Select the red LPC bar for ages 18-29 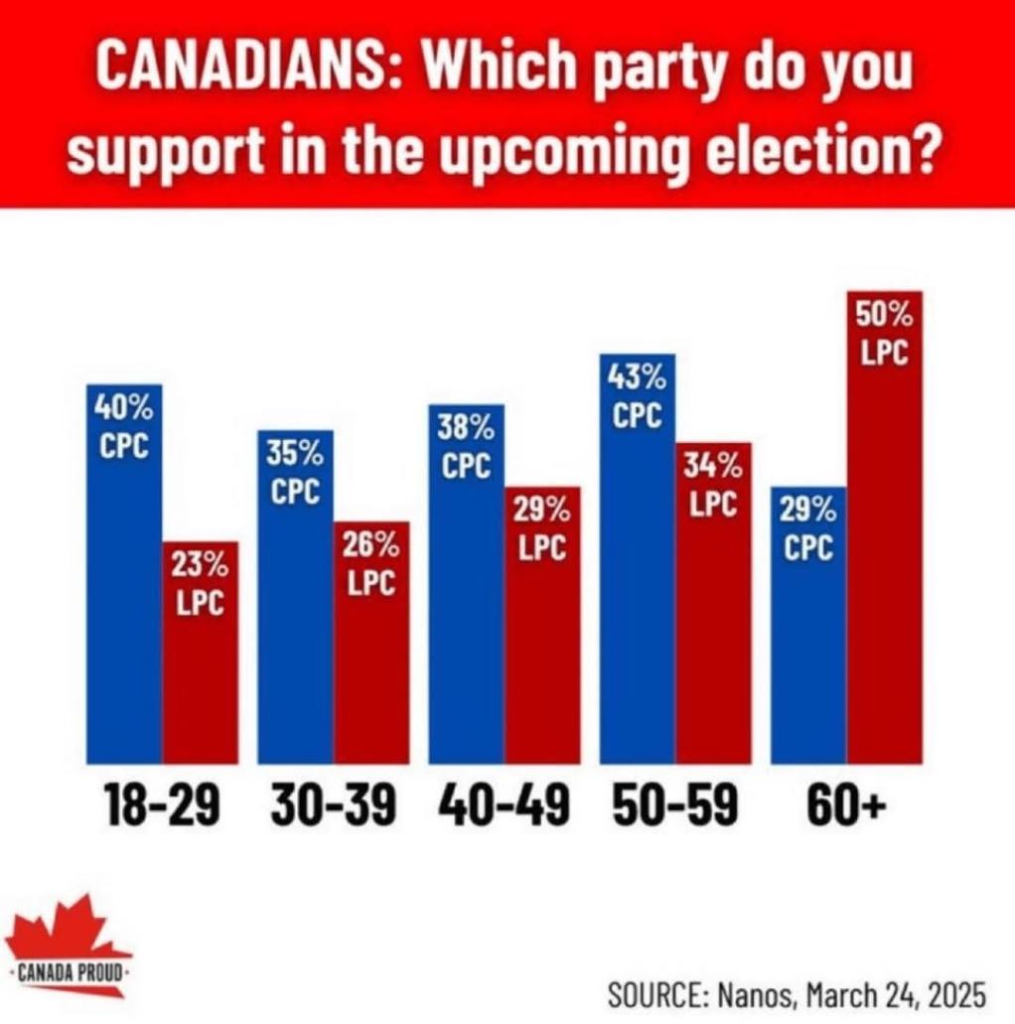[201, 675]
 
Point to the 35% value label [295, 455]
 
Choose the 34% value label [713, 467]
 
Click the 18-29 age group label [161, 806]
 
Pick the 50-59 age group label [674, 806]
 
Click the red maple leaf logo [65, 939]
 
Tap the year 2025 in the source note [948, 992]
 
